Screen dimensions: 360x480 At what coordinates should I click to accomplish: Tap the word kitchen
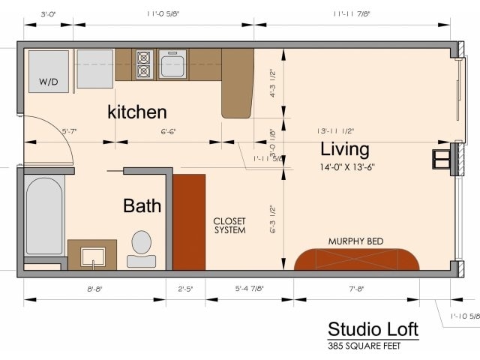pyautogui.click(x=137, y=112)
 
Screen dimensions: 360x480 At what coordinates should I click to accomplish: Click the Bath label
pyautogui.click(x=142, y=205)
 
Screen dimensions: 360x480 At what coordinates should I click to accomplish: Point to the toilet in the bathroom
pyautogui.click(x=141, y=248)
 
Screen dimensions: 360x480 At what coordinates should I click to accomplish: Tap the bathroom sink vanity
pyautogui.click(x=91, y=254)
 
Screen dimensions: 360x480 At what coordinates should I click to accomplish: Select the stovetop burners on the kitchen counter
pyautogui.click(x=143, y=64)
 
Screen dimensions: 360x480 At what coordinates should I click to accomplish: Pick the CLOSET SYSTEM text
pyautogui.click(x=229, y=226)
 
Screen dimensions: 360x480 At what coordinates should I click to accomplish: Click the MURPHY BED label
pyautogui.click(x=356, y=241)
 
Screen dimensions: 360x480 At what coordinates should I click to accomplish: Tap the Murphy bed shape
pyautogui.click(x=356, y=259)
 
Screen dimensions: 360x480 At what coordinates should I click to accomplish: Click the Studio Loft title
pyautogui.click(x=373, y=329)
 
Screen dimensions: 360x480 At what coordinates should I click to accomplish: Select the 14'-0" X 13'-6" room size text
pyautogui.click(x=346, y=167)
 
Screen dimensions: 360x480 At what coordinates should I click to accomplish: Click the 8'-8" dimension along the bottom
pyautogui.click(x=94, y=288)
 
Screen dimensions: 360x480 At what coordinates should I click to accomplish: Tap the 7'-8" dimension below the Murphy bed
pyautogui.click(x=355, y=288)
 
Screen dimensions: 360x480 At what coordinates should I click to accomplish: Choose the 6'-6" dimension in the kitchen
pyautogui.click(x=169, y=131)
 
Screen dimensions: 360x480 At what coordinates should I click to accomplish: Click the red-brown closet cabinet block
pyautogui.click(x=190, y=222)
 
